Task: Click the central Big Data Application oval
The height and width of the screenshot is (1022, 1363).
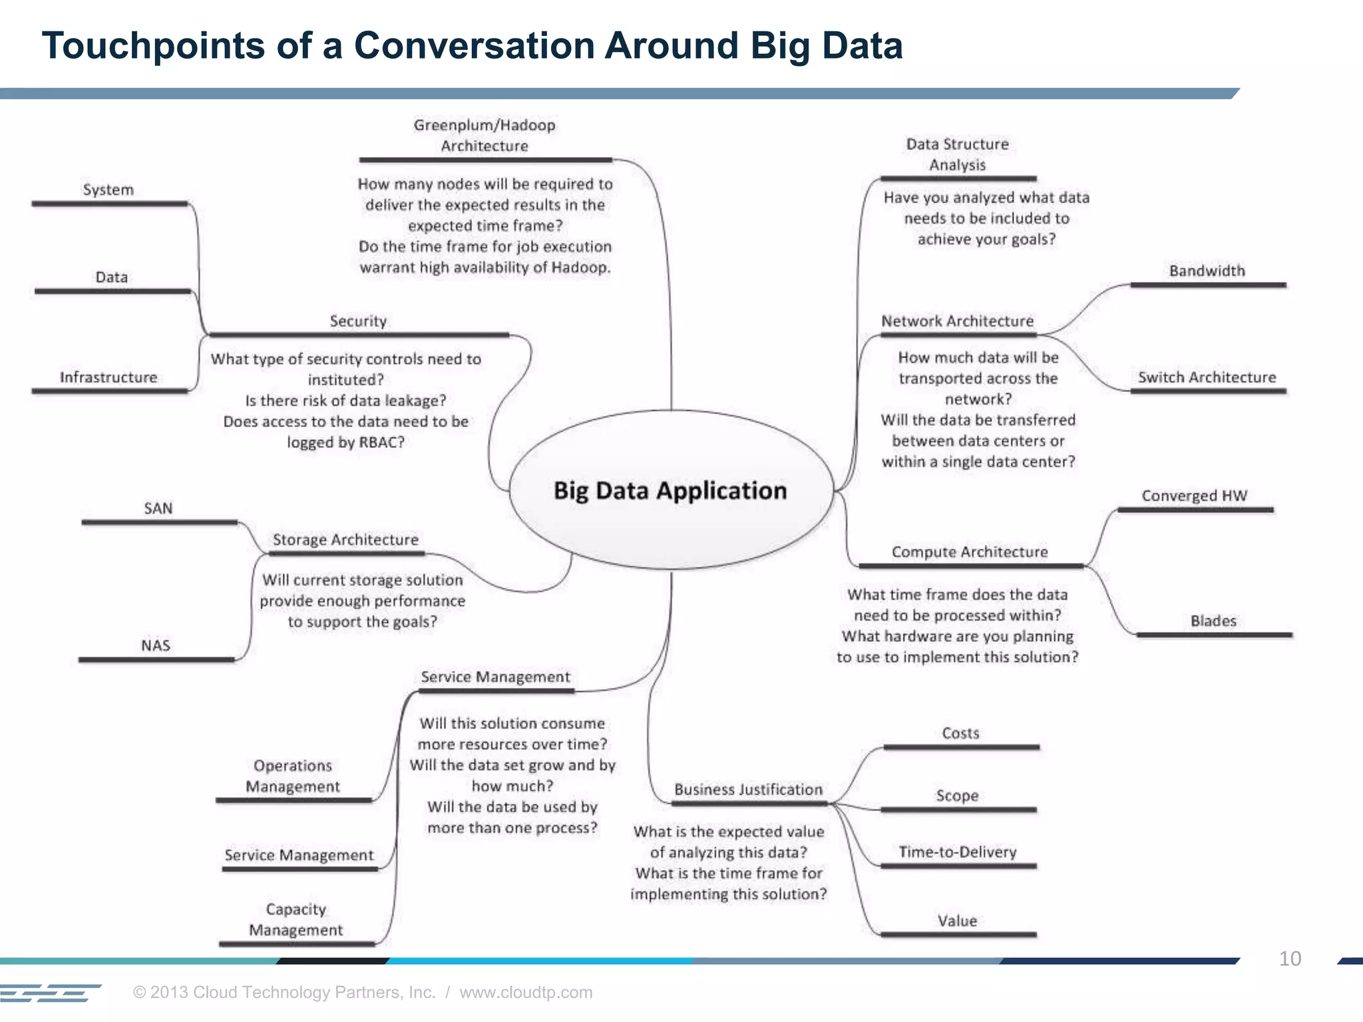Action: (670, 490)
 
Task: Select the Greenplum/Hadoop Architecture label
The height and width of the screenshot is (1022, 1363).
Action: (484, 135)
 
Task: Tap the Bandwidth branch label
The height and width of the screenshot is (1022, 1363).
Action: (1207, 271)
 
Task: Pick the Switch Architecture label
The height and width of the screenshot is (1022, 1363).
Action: (1207, 377)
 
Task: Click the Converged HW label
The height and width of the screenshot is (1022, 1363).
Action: (1194, 496)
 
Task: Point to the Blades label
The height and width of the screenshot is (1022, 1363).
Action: (1213, 621)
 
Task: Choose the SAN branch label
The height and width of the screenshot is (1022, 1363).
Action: (158, 508)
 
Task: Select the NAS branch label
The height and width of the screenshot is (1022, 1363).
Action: (155, 645)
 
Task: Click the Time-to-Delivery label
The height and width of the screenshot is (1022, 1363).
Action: (957, 852)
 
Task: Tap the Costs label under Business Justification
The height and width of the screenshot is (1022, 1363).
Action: (960, 733)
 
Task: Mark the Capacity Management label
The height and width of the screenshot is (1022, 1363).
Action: (295, 920)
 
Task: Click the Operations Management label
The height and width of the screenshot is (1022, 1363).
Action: (292, 776)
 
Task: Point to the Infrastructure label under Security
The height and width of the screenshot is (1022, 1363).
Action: (108, 377)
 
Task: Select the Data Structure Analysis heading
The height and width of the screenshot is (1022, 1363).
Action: (957, 154)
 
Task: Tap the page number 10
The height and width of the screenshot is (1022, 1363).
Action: (1290, 959)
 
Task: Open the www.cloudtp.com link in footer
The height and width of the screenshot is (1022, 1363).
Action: (526, 992)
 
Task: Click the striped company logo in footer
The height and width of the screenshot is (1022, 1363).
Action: (50, 993)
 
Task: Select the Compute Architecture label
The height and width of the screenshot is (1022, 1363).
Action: (969, 552)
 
